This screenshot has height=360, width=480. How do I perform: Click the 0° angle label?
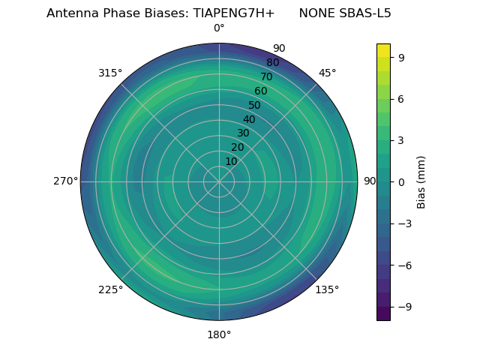pyautogui.click(x=219, y=28)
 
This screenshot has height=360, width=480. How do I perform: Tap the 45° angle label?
pyautogui.click(x=327, y=73)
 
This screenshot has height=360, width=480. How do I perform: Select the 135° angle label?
pyautogui.click(x=327, y=289)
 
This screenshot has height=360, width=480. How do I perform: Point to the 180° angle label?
pyautogui.click(x=219, y=334)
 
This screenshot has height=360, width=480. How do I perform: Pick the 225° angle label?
pyautogui.click(x=110, y=289)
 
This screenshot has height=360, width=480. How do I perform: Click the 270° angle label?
pyautogui.click(x=65, y=181)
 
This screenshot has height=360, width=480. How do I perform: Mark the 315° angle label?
pyautogui.click(x=110, y=73)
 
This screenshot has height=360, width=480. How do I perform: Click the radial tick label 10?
pyautogui.click(x=231, y=161)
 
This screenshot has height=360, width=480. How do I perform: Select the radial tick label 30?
pyautogui.click(x=243, y=133)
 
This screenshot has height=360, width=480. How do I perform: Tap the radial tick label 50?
pyautogui.click(x=255, y=105)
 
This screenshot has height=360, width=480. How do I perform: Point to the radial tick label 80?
pyautogui.click(x=272, y=63)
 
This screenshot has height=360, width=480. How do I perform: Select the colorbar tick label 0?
pyautogui.click(x=401, y=182)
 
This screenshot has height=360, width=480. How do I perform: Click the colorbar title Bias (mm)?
pyautogui.click(x=421, y=182)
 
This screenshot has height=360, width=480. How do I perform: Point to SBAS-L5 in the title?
pyautogui.click(x=364, y=13)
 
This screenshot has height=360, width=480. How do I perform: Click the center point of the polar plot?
pyautogui.click(x=219, y=181)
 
